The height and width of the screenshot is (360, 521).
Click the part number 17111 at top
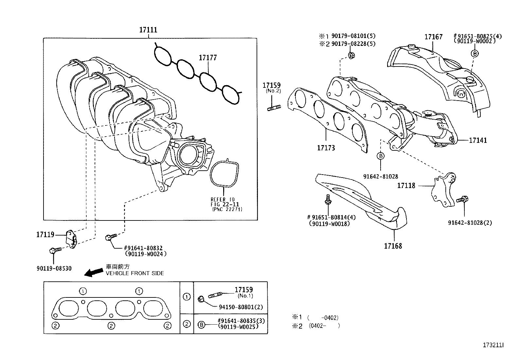click(x=148, y=30)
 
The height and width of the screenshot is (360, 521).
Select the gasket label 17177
click(x=207, y=58)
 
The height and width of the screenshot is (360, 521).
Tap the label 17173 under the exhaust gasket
click(x=326, y=148)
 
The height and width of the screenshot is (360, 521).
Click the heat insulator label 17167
click(x=433, y=37)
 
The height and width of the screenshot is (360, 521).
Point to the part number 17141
click(x=478, y=141)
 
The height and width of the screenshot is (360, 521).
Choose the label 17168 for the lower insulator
click(x=393, y=246)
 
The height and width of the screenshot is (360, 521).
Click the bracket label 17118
click(x=406, y=186)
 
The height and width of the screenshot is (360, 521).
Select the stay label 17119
click(x=45, y=235)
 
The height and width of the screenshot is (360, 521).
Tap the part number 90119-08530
click(x=54, y=269)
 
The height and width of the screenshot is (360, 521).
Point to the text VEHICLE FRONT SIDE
click(x=135, y=273)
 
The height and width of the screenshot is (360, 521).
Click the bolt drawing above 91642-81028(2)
click(x=463, y=199)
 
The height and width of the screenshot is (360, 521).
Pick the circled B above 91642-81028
click(x=381, y=156)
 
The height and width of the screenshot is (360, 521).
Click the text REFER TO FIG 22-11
click(x=225, y=202)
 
